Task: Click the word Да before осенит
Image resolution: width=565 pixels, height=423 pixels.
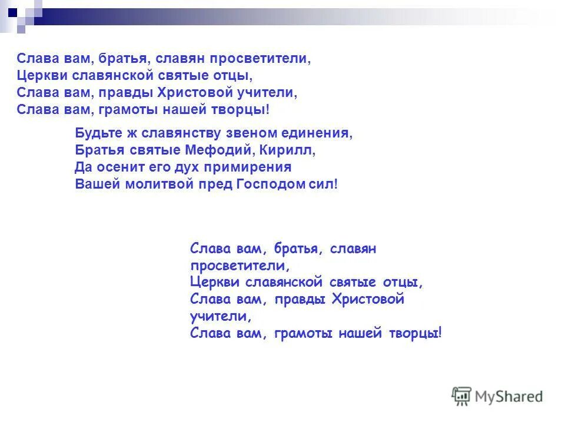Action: click(x=83, y=167)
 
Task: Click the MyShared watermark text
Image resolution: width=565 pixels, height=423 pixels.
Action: click(x=509, y=397)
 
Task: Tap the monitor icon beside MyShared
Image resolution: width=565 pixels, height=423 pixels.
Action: click(x=462, y=396)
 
